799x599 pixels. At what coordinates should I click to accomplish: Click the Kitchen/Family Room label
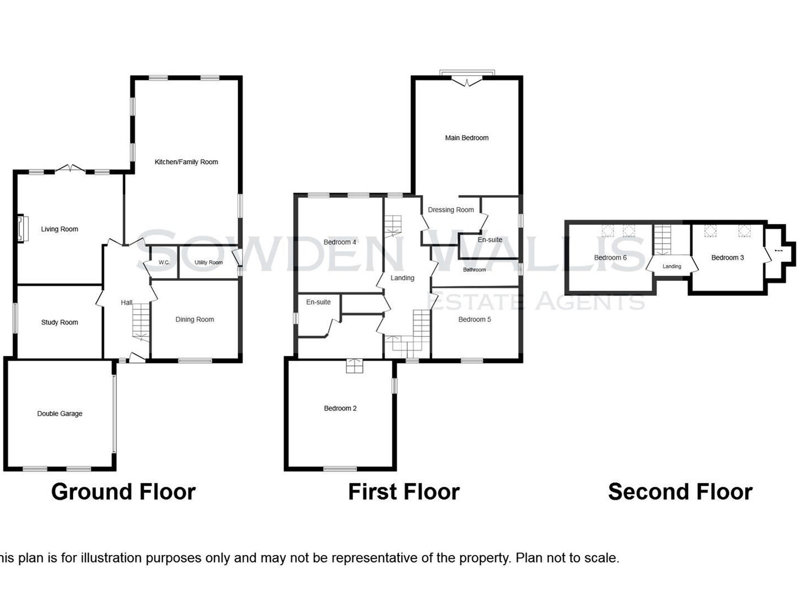coord(186,162)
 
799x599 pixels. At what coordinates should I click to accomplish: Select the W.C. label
coord(164,263)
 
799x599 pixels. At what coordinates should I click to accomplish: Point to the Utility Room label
coord(209,263)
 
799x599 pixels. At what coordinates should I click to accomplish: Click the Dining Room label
coord(194,319)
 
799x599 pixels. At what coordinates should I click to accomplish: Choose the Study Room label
coord(59,323)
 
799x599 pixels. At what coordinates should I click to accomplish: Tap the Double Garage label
coord(60,414)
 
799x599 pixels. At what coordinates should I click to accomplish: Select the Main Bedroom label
coord(467,138)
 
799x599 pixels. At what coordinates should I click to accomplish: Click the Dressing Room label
coord(451,210)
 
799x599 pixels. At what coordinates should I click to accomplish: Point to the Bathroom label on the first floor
coord(474,270)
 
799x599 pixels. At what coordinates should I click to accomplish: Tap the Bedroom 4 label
coord(340,242)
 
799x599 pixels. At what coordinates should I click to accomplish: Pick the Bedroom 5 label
coord(475,319)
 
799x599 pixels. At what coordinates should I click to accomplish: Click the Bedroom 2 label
coord(340,408)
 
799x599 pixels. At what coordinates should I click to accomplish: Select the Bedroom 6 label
coord(610,258)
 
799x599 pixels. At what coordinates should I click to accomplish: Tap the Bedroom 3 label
coord(728,258)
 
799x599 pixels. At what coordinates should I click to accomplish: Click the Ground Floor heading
coord(123,492)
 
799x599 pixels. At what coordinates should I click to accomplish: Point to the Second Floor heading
coord(680,492)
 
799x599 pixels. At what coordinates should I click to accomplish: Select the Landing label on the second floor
coord(672,267)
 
